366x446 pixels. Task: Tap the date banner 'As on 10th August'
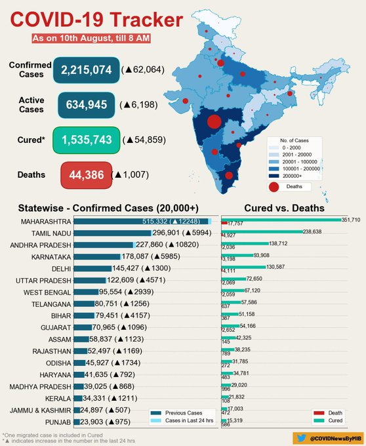pos(92,39)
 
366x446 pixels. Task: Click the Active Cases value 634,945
pos(87,104)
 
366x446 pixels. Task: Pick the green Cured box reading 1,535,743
pos(87,140)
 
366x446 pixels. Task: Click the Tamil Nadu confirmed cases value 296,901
pos(170,233)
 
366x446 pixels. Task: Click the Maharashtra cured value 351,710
pos(350,220)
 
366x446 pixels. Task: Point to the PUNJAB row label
pos(56,422)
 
